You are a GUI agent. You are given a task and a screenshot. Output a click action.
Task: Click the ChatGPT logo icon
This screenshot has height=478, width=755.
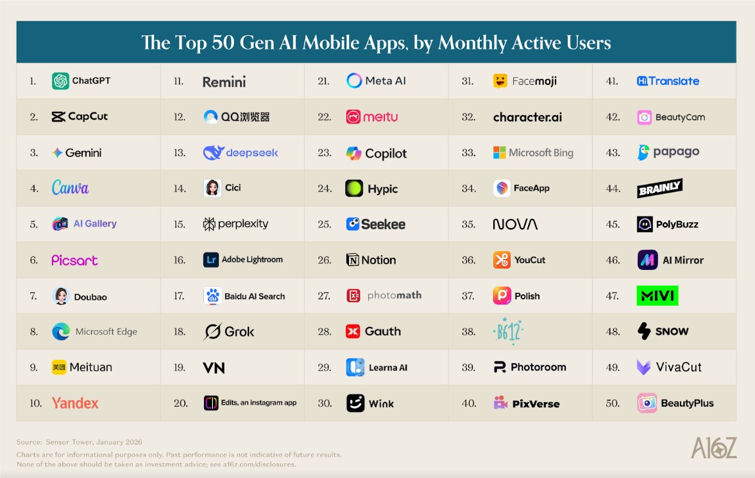pos(60,81)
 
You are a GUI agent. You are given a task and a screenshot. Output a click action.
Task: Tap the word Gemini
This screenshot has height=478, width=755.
pos(83,153)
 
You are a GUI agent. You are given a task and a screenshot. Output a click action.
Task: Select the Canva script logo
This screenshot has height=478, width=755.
pos(70,188)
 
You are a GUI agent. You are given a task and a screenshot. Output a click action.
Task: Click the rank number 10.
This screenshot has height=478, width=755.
pos(36,403)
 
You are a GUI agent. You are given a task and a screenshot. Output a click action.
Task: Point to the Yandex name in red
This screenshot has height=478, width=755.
pos(75,403)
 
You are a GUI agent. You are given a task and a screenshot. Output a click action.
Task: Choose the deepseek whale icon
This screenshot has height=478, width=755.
pos(213,153)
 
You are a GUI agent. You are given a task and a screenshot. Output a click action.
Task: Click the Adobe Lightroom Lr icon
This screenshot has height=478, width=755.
pos(212,260)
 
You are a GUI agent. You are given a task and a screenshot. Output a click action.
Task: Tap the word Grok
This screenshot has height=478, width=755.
pos(239,332)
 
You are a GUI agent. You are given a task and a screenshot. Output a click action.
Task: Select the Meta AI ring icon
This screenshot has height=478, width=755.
pos(354,81)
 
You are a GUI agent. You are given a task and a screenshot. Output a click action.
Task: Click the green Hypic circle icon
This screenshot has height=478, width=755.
pos(354,188)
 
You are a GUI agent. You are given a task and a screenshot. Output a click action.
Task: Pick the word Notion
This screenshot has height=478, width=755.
pos(378,260)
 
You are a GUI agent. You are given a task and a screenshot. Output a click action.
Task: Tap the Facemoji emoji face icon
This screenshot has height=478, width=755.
pos(500,81)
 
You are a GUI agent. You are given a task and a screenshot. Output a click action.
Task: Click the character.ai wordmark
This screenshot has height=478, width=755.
pos(527,117)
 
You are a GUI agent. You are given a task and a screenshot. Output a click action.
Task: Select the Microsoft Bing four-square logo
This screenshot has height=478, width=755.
pos(500,153)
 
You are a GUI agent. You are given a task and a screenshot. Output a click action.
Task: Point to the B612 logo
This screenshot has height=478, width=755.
pos(508,331)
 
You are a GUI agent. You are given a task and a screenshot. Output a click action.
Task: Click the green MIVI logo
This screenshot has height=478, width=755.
pos(657,296)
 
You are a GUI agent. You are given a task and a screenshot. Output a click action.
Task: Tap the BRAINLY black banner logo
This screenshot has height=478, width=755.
pos(659,188)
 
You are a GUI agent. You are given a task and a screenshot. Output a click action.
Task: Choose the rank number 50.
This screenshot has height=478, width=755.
pos(613,403)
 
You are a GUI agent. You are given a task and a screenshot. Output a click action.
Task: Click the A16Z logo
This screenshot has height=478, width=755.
pos(713,448)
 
